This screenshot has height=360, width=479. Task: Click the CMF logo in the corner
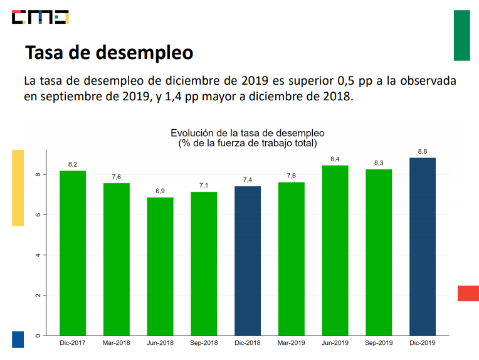(x=40, y=18)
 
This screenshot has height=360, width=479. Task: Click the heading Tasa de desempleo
(x=108, y=53)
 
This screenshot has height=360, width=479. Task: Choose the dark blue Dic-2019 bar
(x=422, y=246)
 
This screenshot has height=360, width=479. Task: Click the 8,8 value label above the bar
(x=422, y=151)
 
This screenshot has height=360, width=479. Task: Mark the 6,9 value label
(x=160, y=191)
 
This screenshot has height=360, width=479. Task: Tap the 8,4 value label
(x=335, y=159)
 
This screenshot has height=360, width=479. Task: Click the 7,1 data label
(x=204, y=186)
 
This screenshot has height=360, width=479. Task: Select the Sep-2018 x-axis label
(x=204, y=343)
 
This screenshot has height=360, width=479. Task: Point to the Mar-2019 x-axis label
(x=291, y=343)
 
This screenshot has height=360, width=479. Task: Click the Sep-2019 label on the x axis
(x=378, y=343)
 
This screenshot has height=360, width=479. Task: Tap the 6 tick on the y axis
(x=38, y=214)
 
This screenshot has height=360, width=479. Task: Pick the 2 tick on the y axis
(x=38, y=295)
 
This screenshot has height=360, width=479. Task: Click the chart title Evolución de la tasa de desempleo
(x=247, y=133)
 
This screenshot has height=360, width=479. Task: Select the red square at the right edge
(x=468, y=293)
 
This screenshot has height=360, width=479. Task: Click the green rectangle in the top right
(x=461, y=35)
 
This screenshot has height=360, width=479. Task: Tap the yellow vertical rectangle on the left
(x=18, y=188)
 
